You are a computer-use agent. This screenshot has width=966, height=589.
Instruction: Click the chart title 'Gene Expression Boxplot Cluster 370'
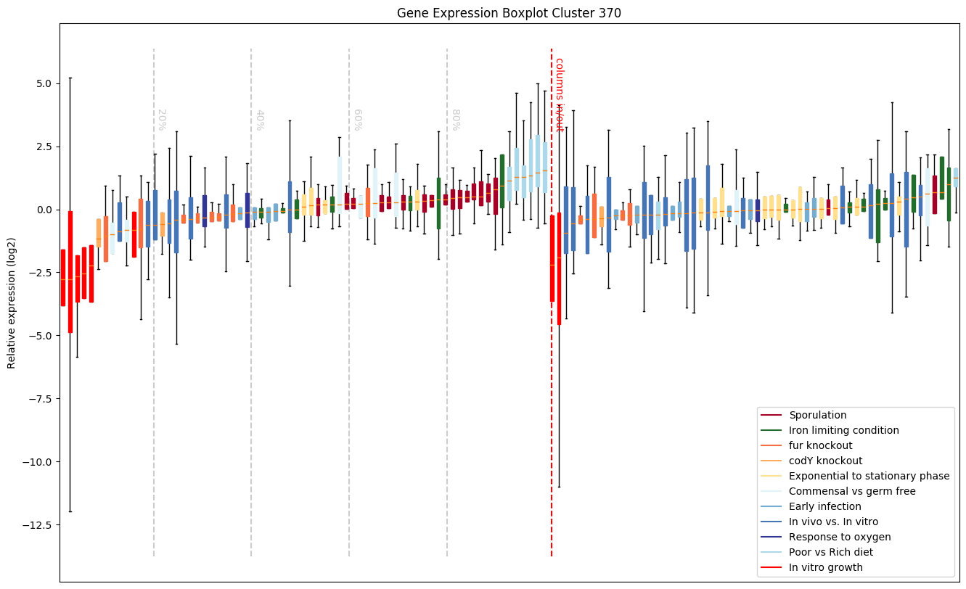509,13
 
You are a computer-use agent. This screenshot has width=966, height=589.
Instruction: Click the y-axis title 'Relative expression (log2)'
12,302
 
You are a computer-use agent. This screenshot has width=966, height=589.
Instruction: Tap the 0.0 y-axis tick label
41,210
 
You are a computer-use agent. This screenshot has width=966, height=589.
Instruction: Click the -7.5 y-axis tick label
38,399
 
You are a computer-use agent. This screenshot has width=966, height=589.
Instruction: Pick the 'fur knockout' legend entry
820,446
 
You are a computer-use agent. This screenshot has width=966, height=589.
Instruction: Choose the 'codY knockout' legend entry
825,461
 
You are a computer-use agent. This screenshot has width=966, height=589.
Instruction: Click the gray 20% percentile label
162,120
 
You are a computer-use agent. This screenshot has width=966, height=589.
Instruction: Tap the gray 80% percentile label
455,120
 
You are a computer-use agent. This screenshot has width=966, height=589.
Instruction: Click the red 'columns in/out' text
560,94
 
